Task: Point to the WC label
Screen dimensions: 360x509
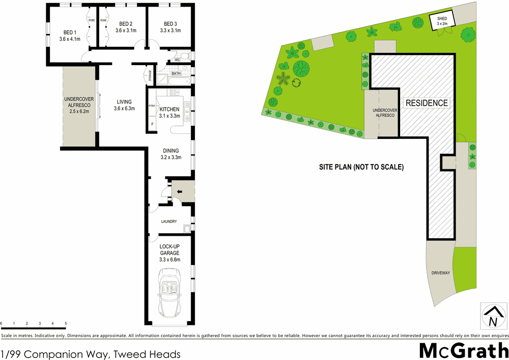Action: [177, 60]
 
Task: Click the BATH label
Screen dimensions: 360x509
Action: [176, 74]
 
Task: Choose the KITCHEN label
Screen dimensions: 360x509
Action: [169, 109]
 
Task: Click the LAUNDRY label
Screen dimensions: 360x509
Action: [168, 221]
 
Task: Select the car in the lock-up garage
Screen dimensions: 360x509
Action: [171, 294]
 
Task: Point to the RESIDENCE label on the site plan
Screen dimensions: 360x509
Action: [427, 103]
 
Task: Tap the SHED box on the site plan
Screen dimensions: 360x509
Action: [441, 21]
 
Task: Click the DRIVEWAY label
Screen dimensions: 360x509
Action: [441, 273]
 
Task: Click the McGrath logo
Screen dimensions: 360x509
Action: [463, 350]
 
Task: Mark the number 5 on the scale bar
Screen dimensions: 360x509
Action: [66, 324]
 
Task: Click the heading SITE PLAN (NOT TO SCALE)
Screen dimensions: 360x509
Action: [361, 167]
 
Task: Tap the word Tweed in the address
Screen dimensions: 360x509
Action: [125, 354]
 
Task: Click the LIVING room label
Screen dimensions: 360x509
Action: [125, 104]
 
